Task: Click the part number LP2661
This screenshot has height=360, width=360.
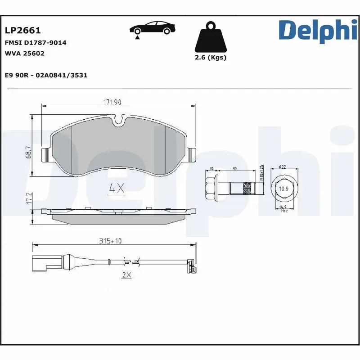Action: pyautogui.click(x=22, y=31)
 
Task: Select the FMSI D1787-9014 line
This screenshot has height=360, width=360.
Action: pyautogui.click(x=36, y=43)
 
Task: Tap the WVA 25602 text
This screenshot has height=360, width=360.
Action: pyautogui.click(x=24, y=53)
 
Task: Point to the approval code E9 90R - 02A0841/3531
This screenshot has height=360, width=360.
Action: pyautogui.click(x=46, y=75)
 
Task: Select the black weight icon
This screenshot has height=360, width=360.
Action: pyautogui.click(x=210, y=37)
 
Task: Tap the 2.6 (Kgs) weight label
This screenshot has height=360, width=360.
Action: pyautogui.click(x=210, y=58)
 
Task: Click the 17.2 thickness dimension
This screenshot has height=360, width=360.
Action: pyautogui.click(x=28, y=198)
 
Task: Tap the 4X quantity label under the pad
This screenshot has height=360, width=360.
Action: pyautogui.click(x=117, y=189)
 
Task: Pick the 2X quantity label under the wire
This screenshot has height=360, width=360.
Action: pyautogui.click(x=126, y=275)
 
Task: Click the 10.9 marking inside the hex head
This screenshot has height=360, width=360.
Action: pyautogui.click(x=283, y=189)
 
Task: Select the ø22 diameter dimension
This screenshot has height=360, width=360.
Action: pyautogui.click(x=282, y=167)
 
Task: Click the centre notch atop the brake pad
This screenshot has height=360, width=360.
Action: pyautogui.click(x=119, y=120)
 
